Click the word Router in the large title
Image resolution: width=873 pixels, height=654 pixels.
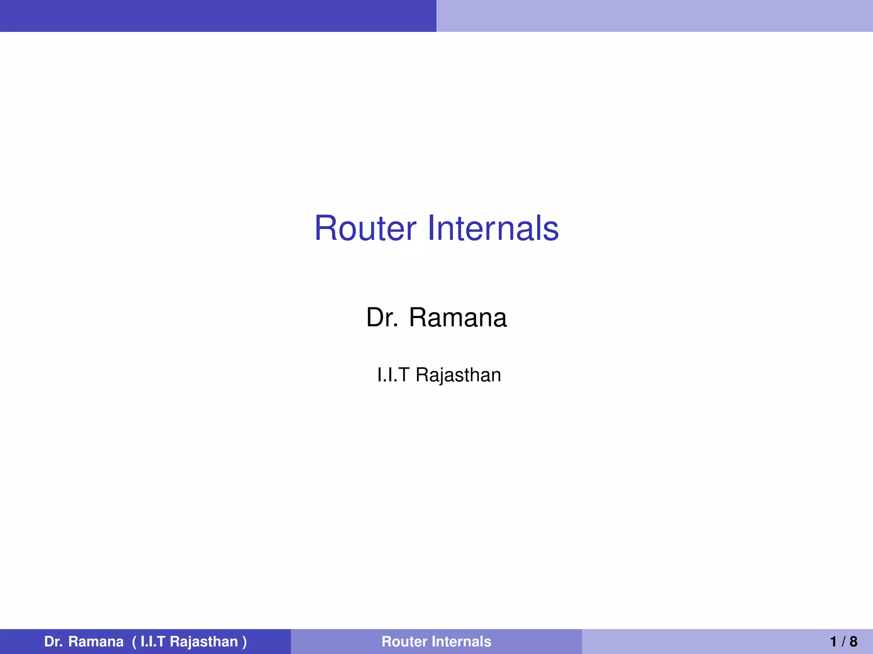click(365, 229)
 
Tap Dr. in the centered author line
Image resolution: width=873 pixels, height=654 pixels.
click(382, 318)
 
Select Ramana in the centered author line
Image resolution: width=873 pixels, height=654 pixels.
click(458, 318)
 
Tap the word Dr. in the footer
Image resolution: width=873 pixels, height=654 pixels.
click(54, 642)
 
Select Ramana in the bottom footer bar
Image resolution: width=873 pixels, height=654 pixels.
click(96, 642)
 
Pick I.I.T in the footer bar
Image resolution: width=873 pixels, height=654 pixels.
click(153, 642)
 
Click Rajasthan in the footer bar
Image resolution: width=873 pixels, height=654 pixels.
click(204, 642)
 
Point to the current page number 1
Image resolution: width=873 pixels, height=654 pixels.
click(834, 642)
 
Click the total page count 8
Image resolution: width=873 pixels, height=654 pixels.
click(853, 642)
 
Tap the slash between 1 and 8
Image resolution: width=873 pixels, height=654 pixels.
click(844, 642)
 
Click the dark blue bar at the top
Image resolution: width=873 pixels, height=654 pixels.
click(218, 16)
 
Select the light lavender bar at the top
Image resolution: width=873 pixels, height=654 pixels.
click(655, 16)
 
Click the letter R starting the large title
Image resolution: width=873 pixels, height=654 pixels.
click(325, 229)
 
